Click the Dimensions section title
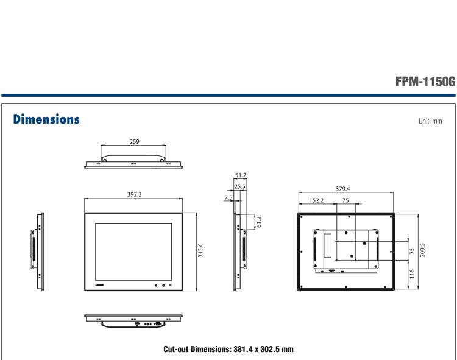[44, 119]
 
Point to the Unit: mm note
[431, 120]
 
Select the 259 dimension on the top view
[135, 141]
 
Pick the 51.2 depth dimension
[240, 177]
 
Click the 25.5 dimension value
[240, 187]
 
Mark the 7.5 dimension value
[227, 197]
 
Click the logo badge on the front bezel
[101, 284]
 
